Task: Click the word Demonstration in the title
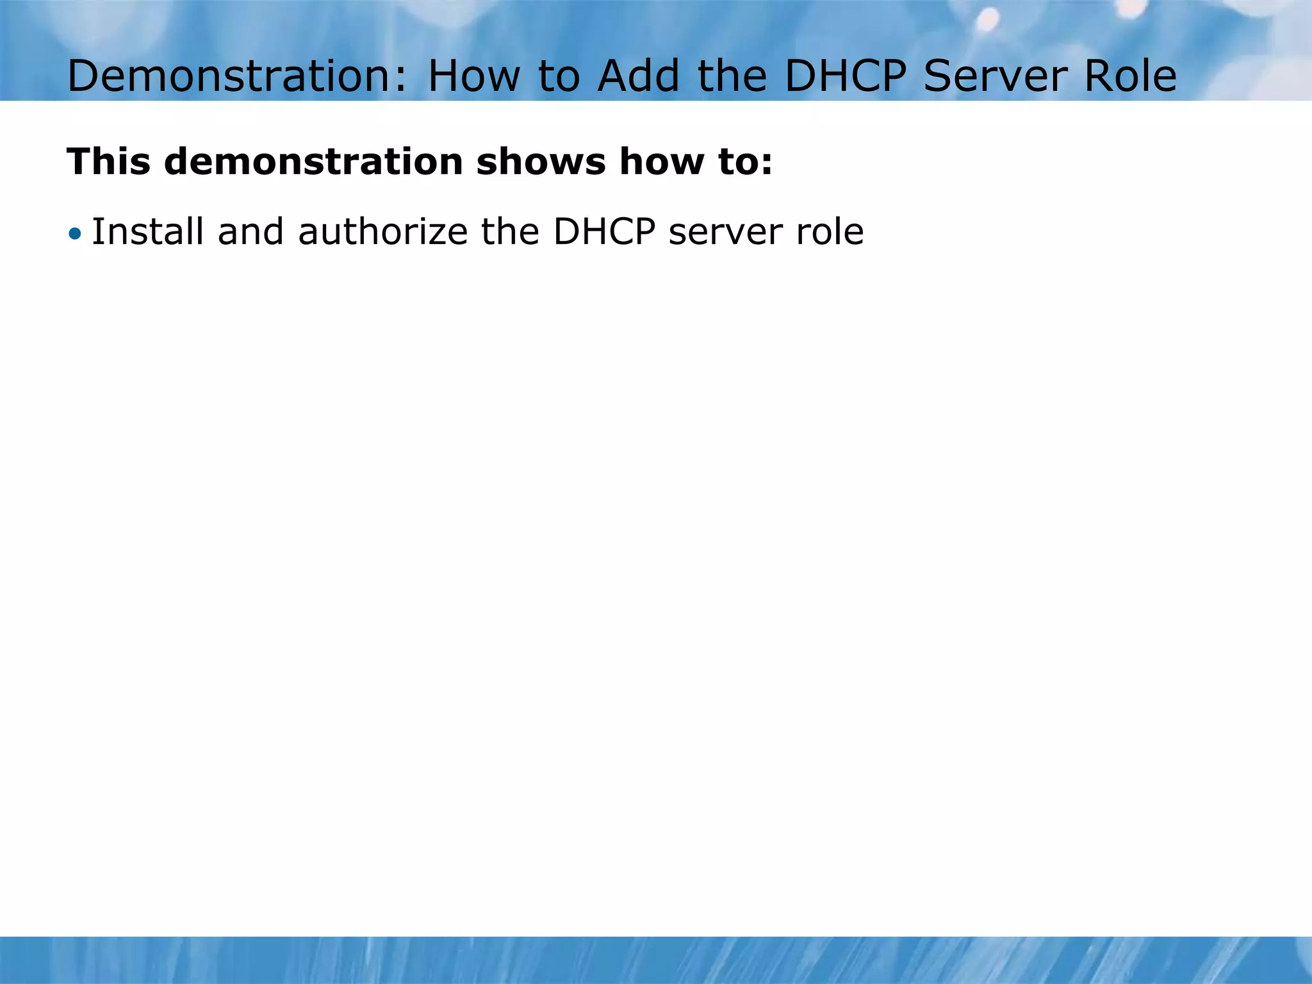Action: click(236, 76)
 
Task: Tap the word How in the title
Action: click(474, 76)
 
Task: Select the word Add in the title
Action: click(638, 76)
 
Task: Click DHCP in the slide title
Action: click(845, 76)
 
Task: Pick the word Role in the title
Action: click(1130, 76)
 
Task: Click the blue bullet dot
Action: click(76, 234)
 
